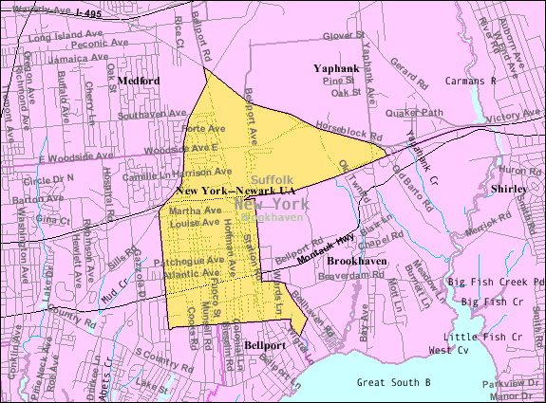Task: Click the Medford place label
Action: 139,81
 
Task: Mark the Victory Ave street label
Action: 510,118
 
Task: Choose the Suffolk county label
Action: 273,179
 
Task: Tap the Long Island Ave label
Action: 63,37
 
